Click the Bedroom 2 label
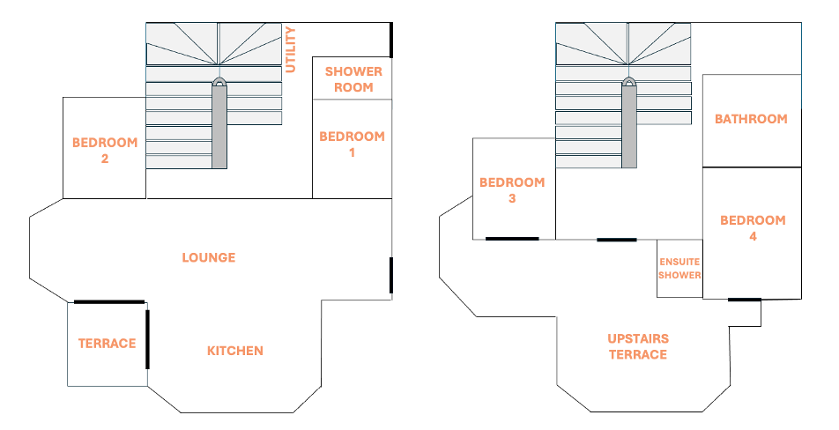point(105,151)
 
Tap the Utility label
point(292,49)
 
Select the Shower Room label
point(353,79)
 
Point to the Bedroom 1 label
point(352,145)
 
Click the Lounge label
point(209,258)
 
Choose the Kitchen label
point(235,351)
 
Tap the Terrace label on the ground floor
point(107,344)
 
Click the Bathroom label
point(751,119)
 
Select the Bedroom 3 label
point(512,190)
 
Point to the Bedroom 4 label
point(753,228)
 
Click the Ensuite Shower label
point(679,269)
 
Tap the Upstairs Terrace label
point(638,346)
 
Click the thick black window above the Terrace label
point(108,302)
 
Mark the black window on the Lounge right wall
point(391,276)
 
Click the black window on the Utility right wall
point(391,38)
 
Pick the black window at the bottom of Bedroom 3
point(512,238)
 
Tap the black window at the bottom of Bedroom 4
point(745,300)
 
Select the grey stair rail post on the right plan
point(629,123)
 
